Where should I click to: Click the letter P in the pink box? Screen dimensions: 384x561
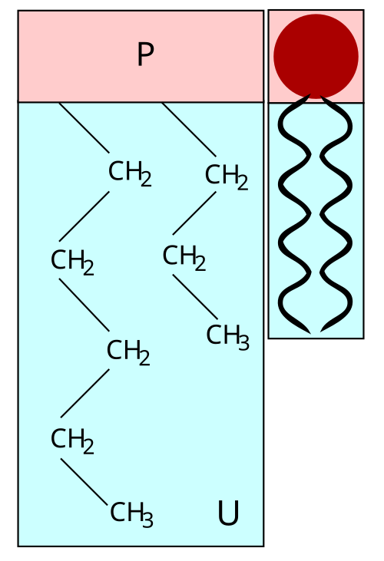point(146,54)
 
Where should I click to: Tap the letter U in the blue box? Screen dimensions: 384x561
point(228,513)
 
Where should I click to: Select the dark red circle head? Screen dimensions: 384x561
point(316,56)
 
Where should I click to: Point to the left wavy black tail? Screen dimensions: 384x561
point(294,214)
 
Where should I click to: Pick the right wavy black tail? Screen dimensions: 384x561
point(336,214)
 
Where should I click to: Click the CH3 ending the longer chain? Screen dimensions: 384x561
point(131,514)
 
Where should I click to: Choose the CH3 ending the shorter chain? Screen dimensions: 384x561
point(227,337)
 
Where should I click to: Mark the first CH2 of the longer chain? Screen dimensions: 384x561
point(130,173)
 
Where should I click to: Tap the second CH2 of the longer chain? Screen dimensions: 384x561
point(72,262)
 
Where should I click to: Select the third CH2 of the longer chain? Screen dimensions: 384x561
point(128,352)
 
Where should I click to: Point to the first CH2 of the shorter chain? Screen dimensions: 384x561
point(227,177)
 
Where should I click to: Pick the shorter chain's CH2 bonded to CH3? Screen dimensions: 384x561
point(184,258)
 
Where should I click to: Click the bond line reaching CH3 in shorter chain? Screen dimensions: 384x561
point(195,296)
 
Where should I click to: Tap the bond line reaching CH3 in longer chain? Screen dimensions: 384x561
point(84,482)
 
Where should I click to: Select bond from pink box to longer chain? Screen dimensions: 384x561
point(84,127)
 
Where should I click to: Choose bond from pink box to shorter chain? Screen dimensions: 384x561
point(189,130)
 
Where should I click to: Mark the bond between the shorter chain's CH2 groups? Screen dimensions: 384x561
point(194,213)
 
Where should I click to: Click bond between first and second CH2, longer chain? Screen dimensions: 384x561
point(84,216)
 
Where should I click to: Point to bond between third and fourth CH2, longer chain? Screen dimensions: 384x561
point(84,393)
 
